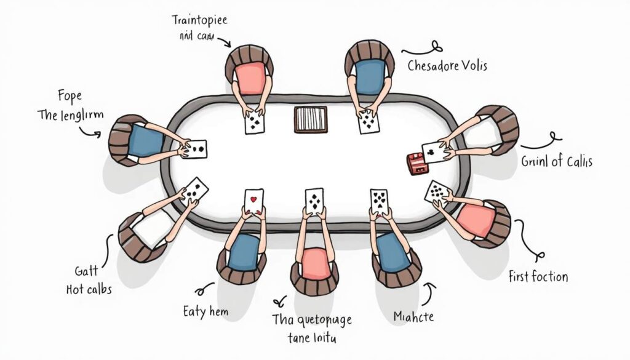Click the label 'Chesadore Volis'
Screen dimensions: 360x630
pyautogui.click(x=447, y=65)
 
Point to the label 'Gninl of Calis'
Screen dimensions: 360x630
pyautogui.click(x=556, y=162)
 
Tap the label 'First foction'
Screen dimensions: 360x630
pyautogui.click(x=538, y=276)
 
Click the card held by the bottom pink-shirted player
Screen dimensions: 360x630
pyautogui.click(x=314, y=202)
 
